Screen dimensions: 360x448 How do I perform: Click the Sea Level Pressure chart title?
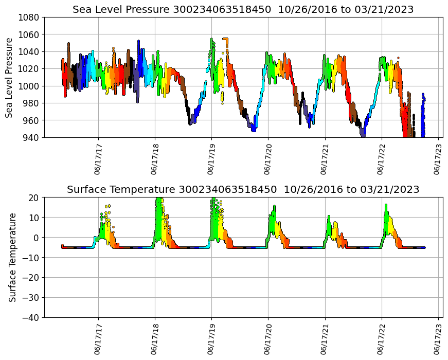click(243, 10)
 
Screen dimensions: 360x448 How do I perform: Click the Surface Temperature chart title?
click(243, 190)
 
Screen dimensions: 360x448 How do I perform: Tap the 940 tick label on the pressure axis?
click(31, 137)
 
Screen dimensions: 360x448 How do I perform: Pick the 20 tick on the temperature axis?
click(34, 197)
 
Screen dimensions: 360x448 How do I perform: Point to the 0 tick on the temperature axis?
click(37, 238)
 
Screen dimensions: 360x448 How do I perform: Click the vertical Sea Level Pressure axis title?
click(10, 77)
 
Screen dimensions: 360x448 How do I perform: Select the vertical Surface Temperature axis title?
click(12, 257)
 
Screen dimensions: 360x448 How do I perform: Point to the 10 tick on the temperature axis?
click(34, 218)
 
